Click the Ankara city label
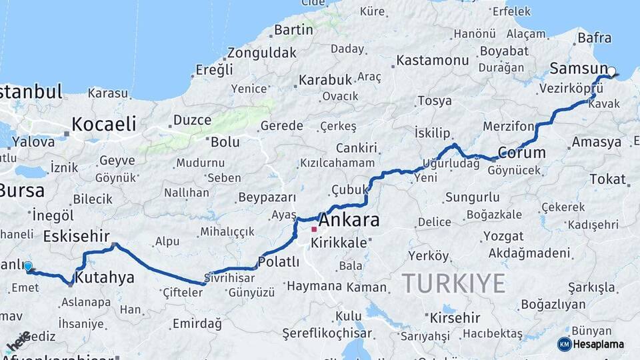point(349,220)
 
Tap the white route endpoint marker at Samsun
point(611,71)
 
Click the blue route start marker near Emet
point(28,267)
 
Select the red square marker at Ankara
point(314,229)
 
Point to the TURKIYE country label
point(453,283)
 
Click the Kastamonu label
point(432,61)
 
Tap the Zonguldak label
point(261,53)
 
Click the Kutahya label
point(105,277)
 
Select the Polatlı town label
point(278,262)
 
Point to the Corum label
point(521,153)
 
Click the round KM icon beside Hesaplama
point(564,344)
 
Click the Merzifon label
point(509,127)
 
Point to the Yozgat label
point(503,236)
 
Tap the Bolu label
point(225,142)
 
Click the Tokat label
point(607,179)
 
